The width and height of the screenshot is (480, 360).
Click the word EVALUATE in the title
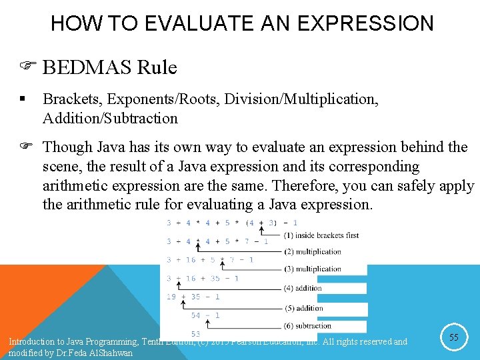(x=177, y=24)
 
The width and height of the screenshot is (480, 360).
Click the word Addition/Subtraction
(x=110, y=119)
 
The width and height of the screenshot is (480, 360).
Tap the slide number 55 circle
(x=453, y=338)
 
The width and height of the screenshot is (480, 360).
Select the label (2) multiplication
(x=312, y=252)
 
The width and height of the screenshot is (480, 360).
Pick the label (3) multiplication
(x=312, y=269)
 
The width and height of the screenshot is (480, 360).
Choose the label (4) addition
(x=303, y=289)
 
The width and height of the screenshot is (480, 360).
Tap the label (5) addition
(x=303, y=308)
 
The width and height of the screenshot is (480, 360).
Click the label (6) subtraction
(x=307, y=325)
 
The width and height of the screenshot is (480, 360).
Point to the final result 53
(x=196, y=334)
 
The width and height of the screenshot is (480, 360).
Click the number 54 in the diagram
(x=196, y=315)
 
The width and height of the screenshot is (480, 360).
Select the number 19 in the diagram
(x=172, y=297)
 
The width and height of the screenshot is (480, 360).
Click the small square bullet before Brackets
(x=22, y=99)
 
